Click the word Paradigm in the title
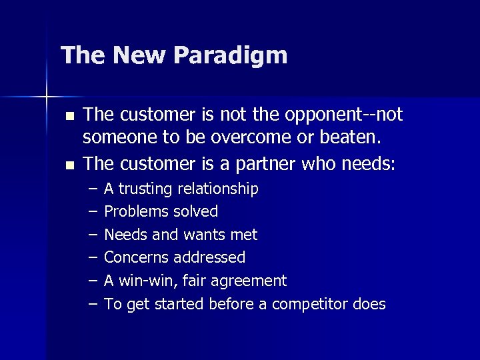(233, 55)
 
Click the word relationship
(217, 189)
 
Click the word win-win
(144, 281)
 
